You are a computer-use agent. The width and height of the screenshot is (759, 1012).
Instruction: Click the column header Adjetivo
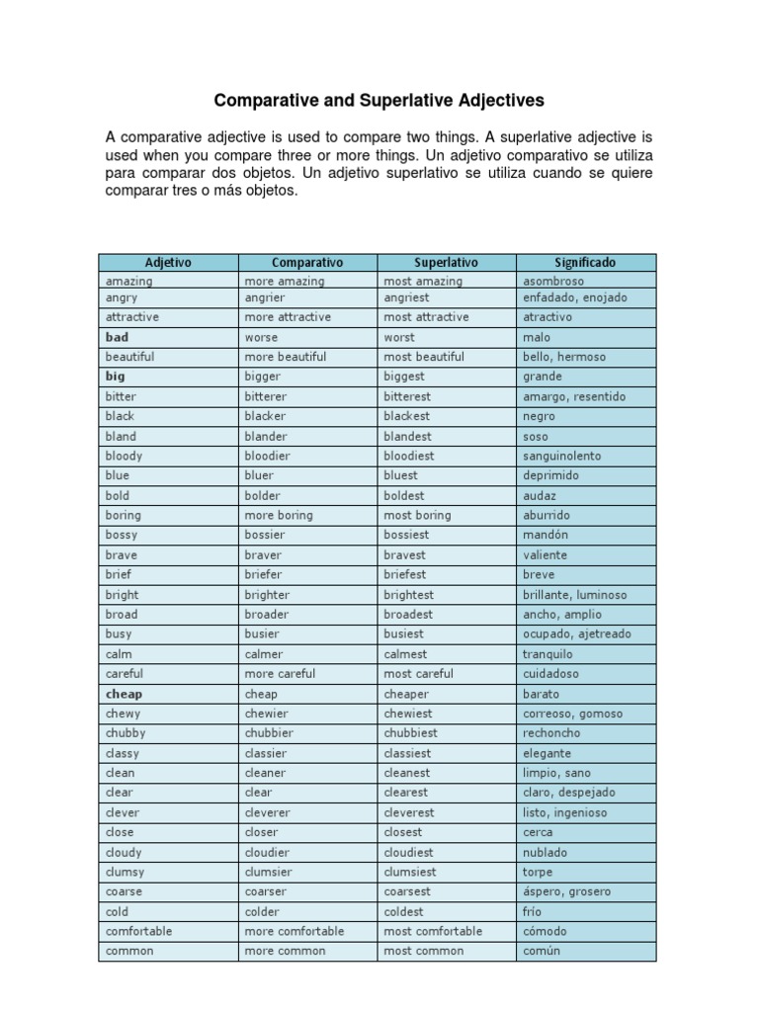click(x=168, y=263)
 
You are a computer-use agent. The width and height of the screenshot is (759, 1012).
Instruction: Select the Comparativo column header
click(x=307, y=263)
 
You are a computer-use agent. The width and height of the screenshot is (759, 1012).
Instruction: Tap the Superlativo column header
click(x=446, y=263)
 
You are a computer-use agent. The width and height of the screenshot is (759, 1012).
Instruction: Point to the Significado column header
click(x=585, y=263)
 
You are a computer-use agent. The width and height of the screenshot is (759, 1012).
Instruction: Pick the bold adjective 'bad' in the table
click(x=117, y=337)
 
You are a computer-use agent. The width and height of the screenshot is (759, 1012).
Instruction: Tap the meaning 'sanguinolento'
click(x=561, y=457)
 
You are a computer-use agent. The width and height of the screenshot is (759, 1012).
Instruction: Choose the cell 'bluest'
click(x=400, y=475)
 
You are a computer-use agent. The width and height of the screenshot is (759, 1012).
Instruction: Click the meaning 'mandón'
click(x=546, y=535)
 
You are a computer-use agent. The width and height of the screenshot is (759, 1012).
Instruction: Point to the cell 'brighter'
click(x=267, y=595)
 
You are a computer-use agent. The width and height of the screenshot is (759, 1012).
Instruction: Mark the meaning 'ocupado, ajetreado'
click(x=576, y=634)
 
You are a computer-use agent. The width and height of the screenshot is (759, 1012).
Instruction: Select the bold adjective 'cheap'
click(x=124, y=694)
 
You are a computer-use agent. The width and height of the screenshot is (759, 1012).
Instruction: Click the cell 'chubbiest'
click(x=410, y=733)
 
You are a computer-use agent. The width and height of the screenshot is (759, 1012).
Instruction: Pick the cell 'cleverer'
click(x=268, y=812)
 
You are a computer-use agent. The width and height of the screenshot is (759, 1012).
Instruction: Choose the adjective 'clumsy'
click(x=125, y=872)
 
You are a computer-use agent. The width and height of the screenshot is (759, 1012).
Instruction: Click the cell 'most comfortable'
click(x=433, y=931)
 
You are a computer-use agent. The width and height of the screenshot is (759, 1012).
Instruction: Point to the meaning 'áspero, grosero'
click(x=566, y=891)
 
